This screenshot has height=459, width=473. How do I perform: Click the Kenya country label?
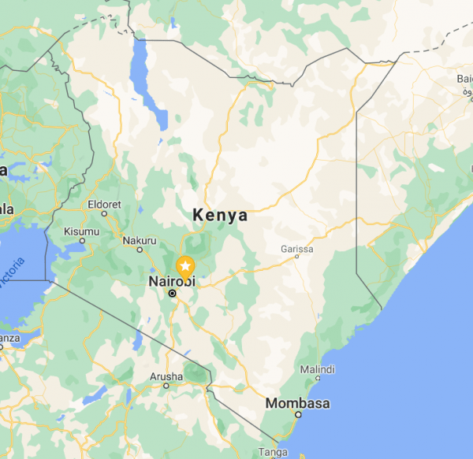(220, 215)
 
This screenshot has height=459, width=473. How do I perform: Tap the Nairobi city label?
(172, 280)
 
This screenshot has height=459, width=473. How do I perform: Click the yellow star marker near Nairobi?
(185, 266)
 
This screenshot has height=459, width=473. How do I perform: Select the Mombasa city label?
(297, 403)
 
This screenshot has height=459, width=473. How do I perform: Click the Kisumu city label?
(82, 231)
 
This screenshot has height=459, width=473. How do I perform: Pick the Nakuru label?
(140, 239)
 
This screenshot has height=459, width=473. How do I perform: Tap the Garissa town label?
(296, 250)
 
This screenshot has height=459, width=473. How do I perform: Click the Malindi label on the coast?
(317, 369)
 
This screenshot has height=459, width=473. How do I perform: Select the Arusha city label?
(166, 376)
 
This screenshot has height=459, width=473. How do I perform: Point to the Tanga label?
(273, 452)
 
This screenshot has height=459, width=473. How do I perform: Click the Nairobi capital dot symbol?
(172, 294)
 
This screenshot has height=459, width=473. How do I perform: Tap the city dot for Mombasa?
(297, 415)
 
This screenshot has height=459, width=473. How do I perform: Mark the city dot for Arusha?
(166, 386)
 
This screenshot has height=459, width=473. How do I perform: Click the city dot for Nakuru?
(140, 250)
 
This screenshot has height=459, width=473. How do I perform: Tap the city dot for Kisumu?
(82, 241)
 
